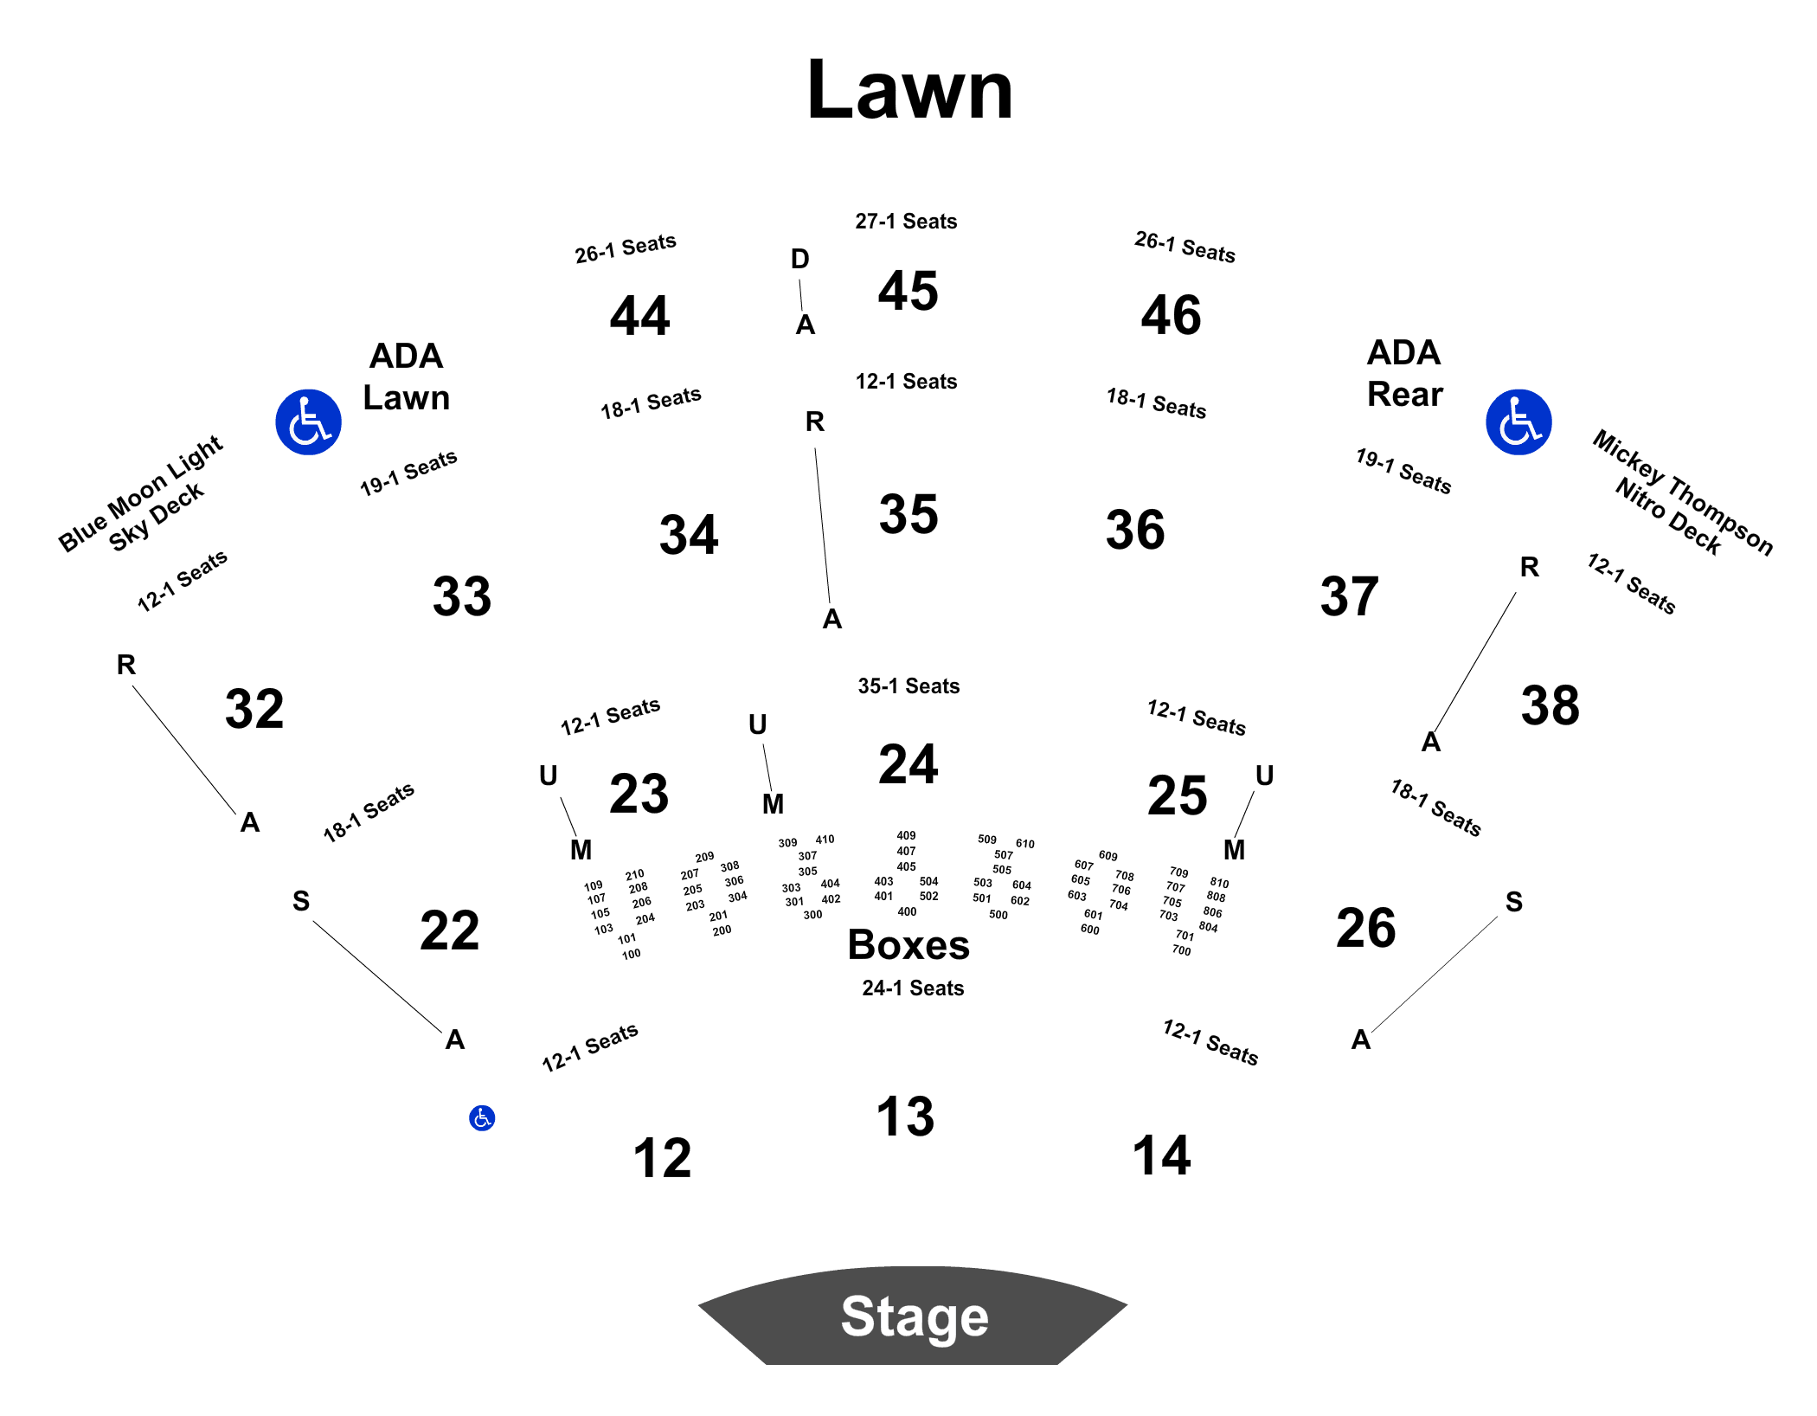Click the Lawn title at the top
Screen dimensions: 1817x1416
click(x=909, y=89)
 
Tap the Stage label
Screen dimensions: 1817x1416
click(x=915, y=1316)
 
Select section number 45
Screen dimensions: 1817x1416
click(x=908, y=290)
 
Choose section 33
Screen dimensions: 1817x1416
click(x=462, y=596)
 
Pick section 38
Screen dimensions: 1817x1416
click(x=1550, y=705)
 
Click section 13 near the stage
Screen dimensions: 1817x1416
click(x=905, y=1116)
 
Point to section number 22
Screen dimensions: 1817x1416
click(x=449, y=930)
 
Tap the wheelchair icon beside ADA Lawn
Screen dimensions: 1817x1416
click(x=308, y=422)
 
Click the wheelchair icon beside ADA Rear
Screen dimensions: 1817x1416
click(x=1518, y=422)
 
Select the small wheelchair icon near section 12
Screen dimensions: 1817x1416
click(x=482, y=1118)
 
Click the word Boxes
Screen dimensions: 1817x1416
click(x=908, y=944)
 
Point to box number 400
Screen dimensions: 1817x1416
click(x=907, y=911)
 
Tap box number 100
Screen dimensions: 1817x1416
click(x=632, y=954)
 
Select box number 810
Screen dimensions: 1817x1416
click(x=1219, y=883)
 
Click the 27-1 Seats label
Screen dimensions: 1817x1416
click(x=906, y=222)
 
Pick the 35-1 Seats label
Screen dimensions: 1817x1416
click(x=908, y=686)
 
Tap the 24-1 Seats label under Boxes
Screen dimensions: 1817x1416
click(x=913, y=988)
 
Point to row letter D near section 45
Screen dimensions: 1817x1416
click(x=800, y=259)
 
